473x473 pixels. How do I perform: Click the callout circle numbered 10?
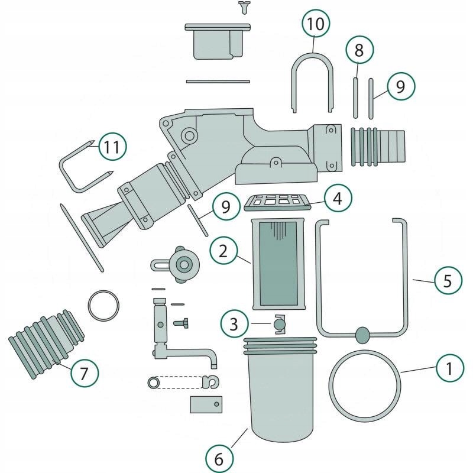[x=316, y=25]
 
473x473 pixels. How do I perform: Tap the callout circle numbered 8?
[x=359, y=51]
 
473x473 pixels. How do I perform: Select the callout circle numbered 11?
[x=112, y=147]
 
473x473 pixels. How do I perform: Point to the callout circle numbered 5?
[x=448, y=280]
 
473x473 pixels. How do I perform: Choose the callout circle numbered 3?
[x=235, y=323]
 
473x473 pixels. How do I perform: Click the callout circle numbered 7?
[x=84, y=373]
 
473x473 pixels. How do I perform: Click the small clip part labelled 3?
[x=280, y=325]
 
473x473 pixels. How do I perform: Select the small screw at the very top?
[x=243, y=7]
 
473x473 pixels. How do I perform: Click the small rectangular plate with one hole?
[x=206, y=404]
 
